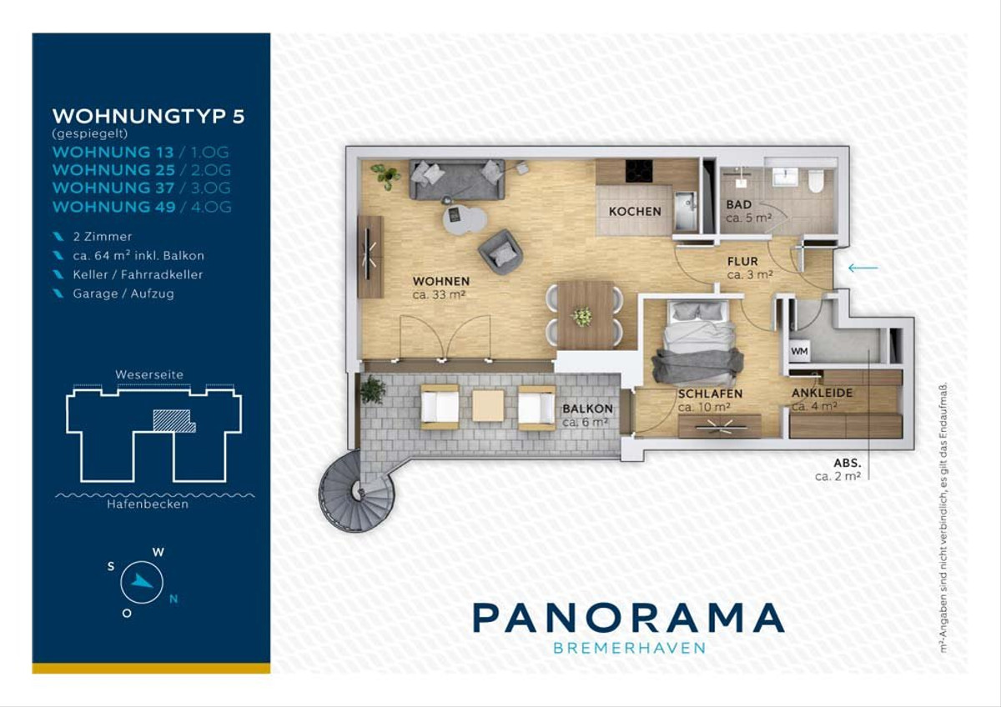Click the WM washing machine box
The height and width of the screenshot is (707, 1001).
pos(799,351)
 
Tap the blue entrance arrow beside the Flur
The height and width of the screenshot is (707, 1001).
pos(863,268)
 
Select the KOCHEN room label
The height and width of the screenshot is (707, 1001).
pos(635,211)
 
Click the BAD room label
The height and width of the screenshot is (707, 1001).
pos(738,204)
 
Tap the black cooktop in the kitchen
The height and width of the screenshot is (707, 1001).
pos(639,172)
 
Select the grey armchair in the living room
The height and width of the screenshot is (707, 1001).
pos(500,252)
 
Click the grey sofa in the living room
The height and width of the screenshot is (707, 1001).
pos(457,179)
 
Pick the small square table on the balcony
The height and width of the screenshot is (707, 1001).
pos(488,405)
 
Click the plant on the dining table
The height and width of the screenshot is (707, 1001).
pos(581,316)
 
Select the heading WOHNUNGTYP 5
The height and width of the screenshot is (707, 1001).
pos(148,117)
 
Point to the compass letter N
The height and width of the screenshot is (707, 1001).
pos(174,599)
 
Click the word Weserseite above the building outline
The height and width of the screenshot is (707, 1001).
pos(149,374)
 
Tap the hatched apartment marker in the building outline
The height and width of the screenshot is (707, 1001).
pos(174,421)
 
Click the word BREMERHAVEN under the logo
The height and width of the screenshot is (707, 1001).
pos(629,648)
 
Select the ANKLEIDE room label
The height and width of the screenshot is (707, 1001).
pos(822,393)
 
